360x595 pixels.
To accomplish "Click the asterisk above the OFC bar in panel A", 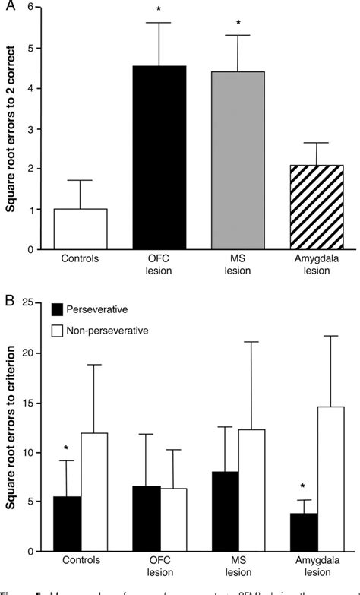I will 159,9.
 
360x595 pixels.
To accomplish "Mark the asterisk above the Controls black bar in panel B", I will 66,448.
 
